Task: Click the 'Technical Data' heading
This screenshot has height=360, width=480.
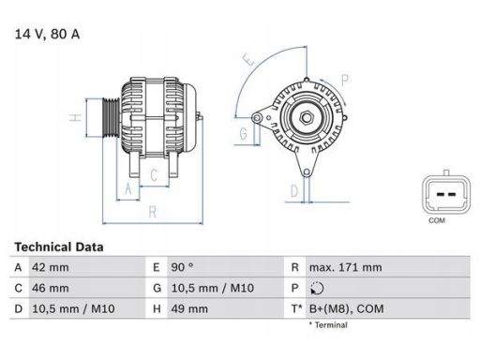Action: pos(58,247)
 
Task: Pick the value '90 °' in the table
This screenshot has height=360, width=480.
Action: pos(183,266)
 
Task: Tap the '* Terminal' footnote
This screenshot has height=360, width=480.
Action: pos(327,325)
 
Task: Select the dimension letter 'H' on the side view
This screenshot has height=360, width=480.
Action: pos(73,118)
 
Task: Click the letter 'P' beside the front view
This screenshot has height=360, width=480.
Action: pos(345,79)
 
